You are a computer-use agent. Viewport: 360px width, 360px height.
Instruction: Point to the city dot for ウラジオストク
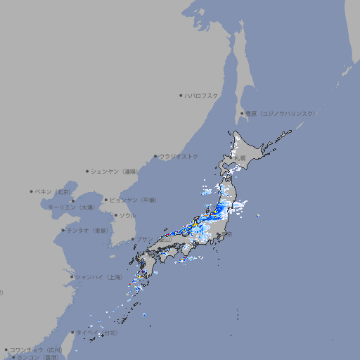(155, 156)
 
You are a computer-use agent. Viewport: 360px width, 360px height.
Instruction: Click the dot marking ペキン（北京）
(32, 191)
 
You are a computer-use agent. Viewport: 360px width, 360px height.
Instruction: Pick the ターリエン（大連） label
(71, 207)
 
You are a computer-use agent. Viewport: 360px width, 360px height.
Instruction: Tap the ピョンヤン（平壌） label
(134, 200)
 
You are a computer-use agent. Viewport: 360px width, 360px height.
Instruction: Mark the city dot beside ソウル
(115, 215)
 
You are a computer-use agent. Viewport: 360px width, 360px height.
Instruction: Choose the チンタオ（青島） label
(86, 230)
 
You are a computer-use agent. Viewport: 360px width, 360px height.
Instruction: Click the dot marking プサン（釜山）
(133, 239)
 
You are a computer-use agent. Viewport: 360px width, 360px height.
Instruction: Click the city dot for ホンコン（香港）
(13, 356)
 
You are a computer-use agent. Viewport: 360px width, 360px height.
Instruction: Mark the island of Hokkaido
(250, 151)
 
